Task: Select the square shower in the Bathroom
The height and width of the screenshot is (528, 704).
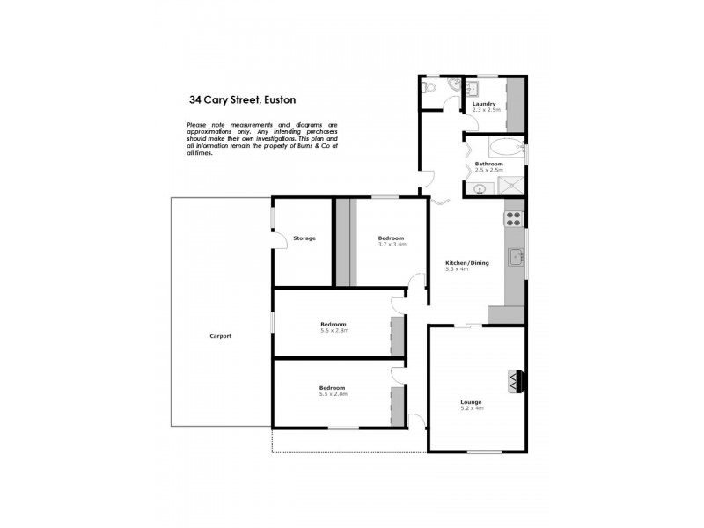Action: (x=510, y=185)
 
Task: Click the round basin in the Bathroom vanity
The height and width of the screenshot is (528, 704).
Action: (x=480, y=187)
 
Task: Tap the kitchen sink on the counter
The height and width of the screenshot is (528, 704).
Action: (x=516, y=257)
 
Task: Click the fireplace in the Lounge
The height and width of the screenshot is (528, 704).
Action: (x=515, y=380)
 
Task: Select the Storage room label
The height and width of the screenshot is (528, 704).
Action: (x=304, y=238)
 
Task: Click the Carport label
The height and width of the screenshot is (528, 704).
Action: (x=220, y=337)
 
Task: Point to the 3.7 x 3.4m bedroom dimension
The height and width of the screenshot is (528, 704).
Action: (x=392, y=245)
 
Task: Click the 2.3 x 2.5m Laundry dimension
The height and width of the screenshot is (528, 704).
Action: (x=485, y=111)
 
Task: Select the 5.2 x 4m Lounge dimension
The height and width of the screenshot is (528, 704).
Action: (x=472, y=409)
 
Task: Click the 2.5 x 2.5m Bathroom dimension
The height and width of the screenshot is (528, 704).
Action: (x=488, y=171)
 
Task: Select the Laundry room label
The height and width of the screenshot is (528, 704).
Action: (x=484, y=104)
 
